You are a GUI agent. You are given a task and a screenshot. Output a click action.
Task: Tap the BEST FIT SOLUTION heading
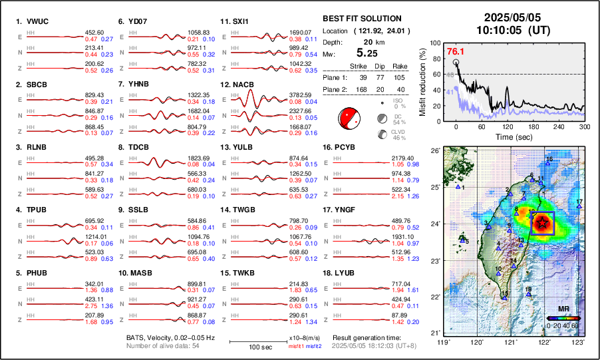361,19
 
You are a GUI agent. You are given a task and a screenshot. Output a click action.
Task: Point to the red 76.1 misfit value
455,51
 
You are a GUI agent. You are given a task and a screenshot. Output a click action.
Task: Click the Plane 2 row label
335,91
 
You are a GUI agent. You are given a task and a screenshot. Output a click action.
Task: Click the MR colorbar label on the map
563,309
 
